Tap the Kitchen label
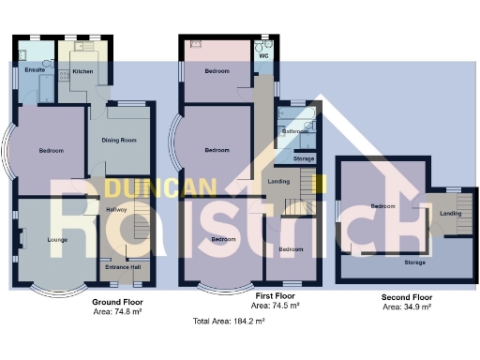[82, 70]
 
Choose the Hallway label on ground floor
[117, 209]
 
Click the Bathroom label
[296, 132]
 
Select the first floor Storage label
[304, 159]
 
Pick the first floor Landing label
[278, 181]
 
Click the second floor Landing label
[451, 215]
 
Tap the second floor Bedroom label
[382, 206]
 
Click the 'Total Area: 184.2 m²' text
[229, 322]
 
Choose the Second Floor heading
[407, 296]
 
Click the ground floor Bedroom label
[51, 151]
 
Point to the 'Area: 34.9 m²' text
[407, 307]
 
